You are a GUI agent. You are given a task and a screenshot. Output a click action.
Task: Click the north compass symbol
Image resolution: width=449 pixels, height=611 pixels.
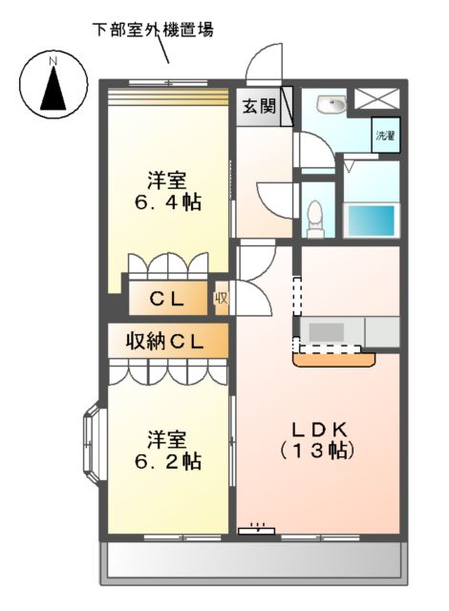coord(53,85)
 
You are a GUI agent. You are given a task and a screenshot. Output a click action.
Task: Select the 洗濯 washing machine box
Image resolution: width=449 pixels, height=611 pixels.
coord(385,136)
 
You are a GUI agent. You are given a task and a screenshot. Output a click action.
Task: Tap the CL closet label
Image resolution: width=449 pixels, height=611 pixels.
coord(166,298)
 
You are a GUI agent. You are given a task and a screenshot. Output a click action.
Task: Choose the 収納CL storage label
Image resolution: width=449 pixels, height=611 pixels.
coord(167,340)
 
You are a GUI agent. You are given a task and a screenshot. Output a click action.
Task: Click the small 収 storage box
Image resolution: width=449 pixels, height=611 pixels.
coord(221,298)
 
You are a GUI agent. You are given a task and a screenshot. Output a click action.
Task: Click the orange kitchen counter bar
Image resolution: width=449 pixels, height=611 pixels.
coord(335,360)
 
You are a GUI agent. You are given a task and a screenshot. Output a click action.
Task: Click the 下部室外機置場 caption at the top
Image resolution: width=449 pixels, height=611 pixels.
coord(153,30)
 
